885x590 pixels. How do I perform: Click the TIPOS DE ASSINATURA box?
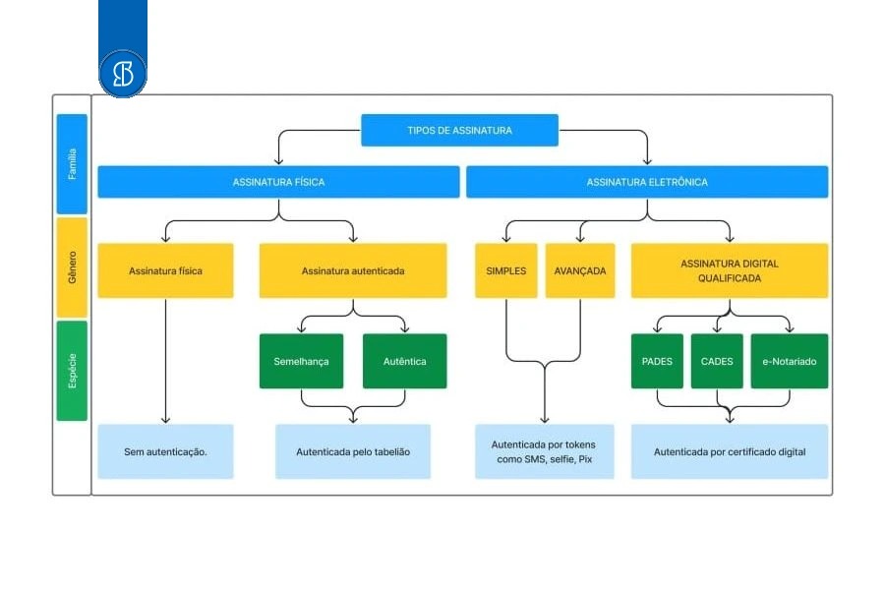click(x=459, y=130)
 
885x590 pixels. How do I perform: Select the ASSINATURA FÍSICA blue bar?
click(x=279, y=182)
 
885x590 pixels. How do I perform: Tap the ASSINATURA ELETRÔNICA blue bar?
click(x=647, y=182)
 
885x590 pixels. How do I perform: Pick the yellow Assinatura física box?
click(x=165, y=270)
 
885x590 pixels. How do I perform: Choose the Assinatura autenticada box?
click(x=353, y=270)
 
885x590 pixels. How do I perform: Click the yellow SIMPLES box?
click(x=505, y=270)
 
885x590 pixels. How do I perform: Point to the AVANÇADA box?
click(x=579, y=270)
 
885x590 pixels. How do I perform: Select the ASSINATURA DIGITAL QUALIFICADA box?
click(x=730, y=270)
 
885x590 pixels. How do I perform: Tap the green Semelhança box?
click(x=302, y=361)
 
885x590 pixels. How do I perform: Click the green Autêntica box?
click(x=405, y=361)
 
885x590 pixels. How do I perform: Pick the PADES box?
click(x=657, y=361)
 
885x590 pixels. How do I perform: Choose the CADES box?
click(x=717, y=361)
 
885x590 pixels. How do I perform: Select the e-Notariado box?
click(x=789, y=361)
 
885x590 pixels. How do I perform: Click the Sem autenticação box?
click(x=165, y=451)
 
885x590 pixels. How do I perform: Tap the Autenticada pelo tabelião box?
click(x=353, y=451)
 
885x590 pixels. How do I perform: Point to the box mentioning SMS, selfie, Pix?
click(x=544, y=451)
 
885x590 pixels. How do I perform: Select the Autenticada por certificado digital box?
click(x=730, y=451)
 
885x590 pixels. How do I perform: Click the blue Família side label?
click(x=72, y=164)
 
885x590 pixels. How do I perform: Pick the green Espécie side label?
click(x=72, y=371)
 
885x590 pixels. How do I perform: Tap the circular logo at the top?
click(x=123, y=74)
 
